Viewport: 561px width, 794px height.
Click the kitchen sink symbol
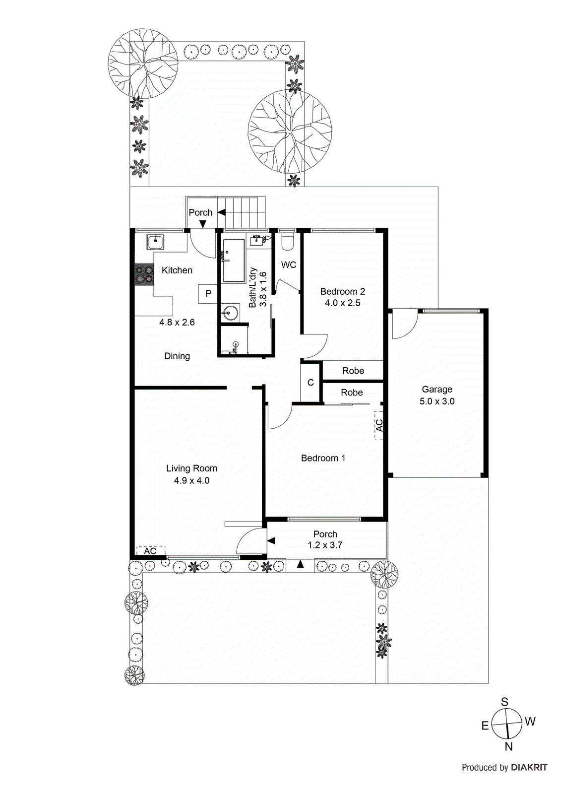pos(156,242)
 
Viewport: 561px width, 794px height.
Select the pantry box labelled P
pos(208,293)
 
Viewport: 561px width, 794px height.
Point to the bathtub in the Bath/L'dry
pos(233,260)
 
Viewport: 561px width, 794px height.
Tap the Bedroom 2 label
pos(342,291)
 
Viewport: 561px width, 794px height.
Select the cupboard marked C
pos(311,383)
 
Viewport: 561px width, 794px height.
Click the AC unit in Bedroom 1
pos(379,426)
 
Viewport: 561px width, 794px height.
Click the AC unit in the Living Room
pos(151,551)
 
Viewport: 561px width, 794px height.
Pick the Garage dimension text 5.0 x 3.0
pos(437,401)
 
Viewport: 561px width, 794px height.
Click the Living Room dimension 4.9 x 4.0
pos(191,480)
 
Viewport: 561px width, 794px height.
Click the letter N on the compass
pos(508,746)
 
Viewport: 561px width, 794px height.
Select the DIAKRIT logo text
pos(529,767)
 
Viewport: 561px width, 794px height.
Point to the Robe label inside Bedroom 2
pos(353,371)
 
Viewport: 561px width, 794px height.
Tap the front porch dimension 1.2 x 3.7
pos(325,545)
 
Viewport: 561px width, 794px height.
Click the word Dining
pos(177,356)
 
